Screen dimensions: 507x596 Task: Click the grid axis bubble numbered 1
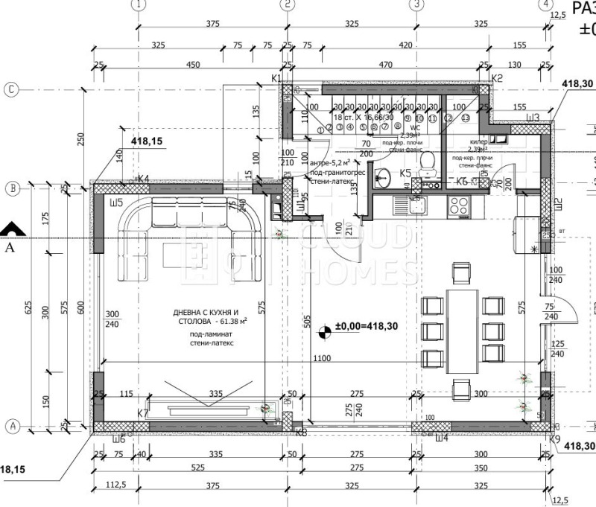(x=137, y=4)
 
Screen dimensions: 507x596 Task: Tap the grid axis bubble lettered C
(x=11, y=89)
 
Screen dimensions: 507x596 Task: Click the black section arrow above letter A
(x=9, y=229)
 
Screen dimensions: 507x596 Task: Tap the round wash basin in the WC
(x=383, y=177)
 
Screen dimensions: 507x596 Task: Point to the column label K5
(x=406, y=173)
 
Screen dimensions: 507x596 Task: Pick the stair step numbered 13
(x=466, y=118)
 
